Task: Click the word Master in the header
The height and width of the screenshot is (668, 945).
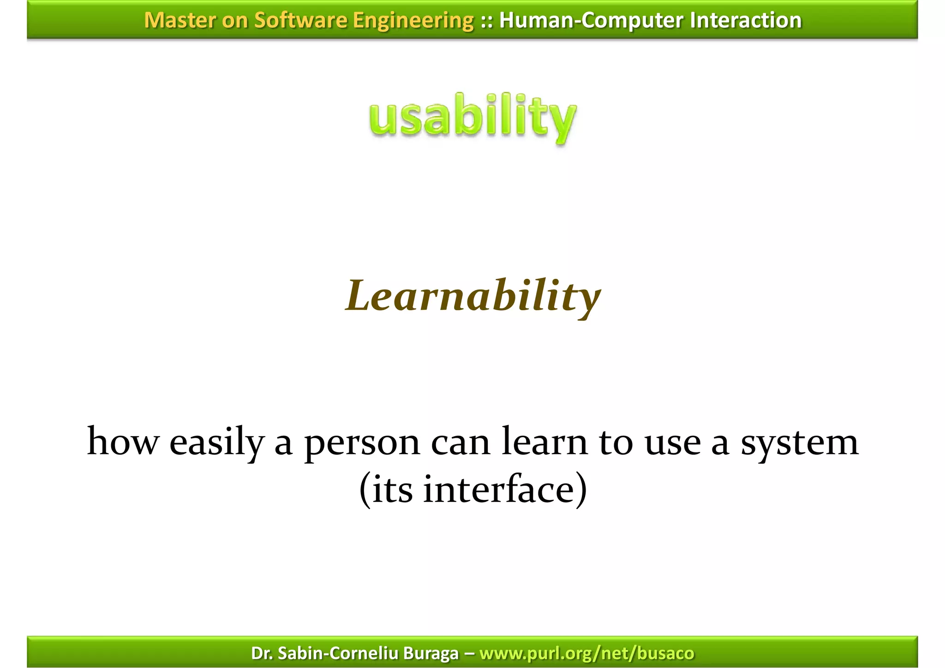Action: pos(180,20)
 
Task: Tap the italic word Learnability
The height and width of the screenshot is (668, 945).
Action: pos(472,296)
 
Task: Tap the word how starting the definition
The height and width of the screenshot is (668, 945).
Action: pos(122,442)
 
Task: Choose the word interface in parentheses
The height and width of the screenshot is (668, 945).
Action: pos(498,490)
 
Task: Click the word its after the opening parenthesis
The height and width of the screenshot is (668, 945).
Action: pos(392,490)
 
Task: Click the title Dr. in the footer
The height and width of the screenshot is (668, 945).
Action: pos(261,653)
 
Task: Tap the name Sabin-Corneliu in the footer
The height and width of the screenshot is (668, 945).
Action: pos(339,653)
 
